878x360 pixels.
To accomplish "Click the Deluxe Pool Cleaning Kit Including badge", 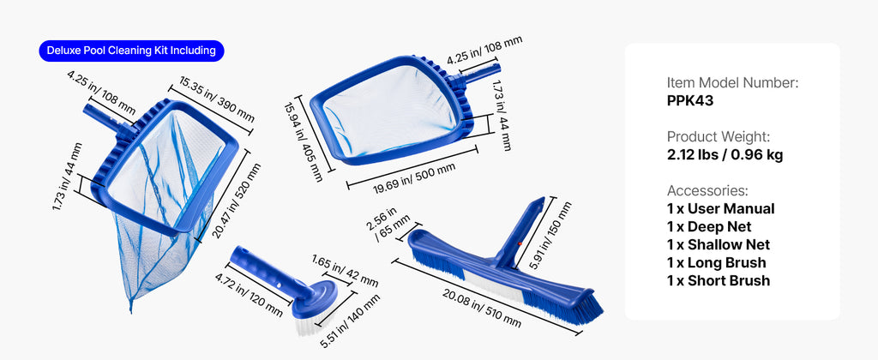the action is pyautogui.click(x=131, y=51).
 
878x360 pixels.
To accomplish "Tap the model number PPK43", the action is pyautogui.click(x=690, y=101).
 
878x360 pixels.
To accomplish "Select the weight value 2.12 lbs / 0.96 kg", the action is pyautogui.click(x=725, y=154).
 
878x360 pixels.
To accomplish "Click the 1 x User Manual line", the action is pyautogui.click(x=720, y=209).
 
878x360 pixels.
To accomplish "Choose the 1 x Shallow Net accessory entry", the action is pyautogui.click(x=719, y=244).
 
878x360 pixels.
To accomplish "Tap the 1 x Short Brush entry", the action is pyautogui.click(x=719, y=280).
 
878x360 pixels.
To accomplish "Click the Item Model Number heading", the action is pyautogui.click(x=732, y=83).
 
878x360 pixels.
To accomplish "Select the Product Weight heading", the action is pyautogui.click(x=719, y=136).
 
